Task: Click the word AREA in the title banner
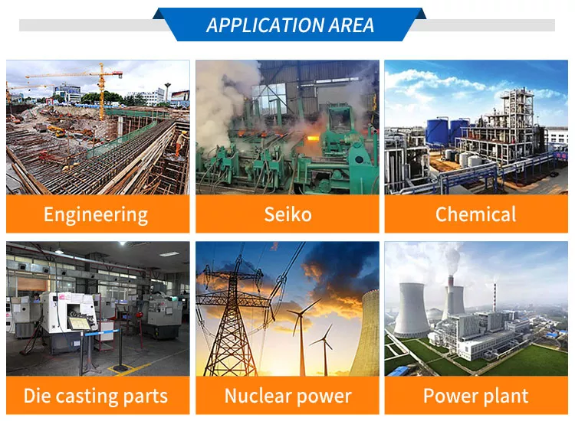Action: (351, 25)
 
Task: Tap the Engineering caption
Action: (96, 215)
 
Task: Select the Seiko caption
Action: (287, 214)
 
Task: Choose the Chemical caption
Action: (475, 214)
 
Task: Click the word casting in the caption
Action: (87, 397)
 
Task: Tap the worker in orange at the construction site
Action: (180, 143)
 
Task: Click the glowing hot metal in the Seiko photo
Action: (313, 139)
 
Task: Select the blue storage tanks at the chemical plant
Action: (447, 131)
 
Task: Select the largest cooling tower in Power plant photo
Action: (412, 309)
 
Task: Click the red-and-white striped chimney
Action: (495, 297)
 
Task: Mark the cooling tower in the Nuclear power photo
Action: (364, 332)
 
